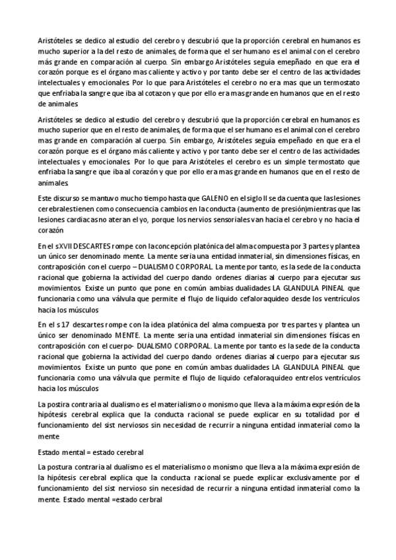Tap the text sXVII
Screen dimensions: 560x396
coord(67,246)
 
